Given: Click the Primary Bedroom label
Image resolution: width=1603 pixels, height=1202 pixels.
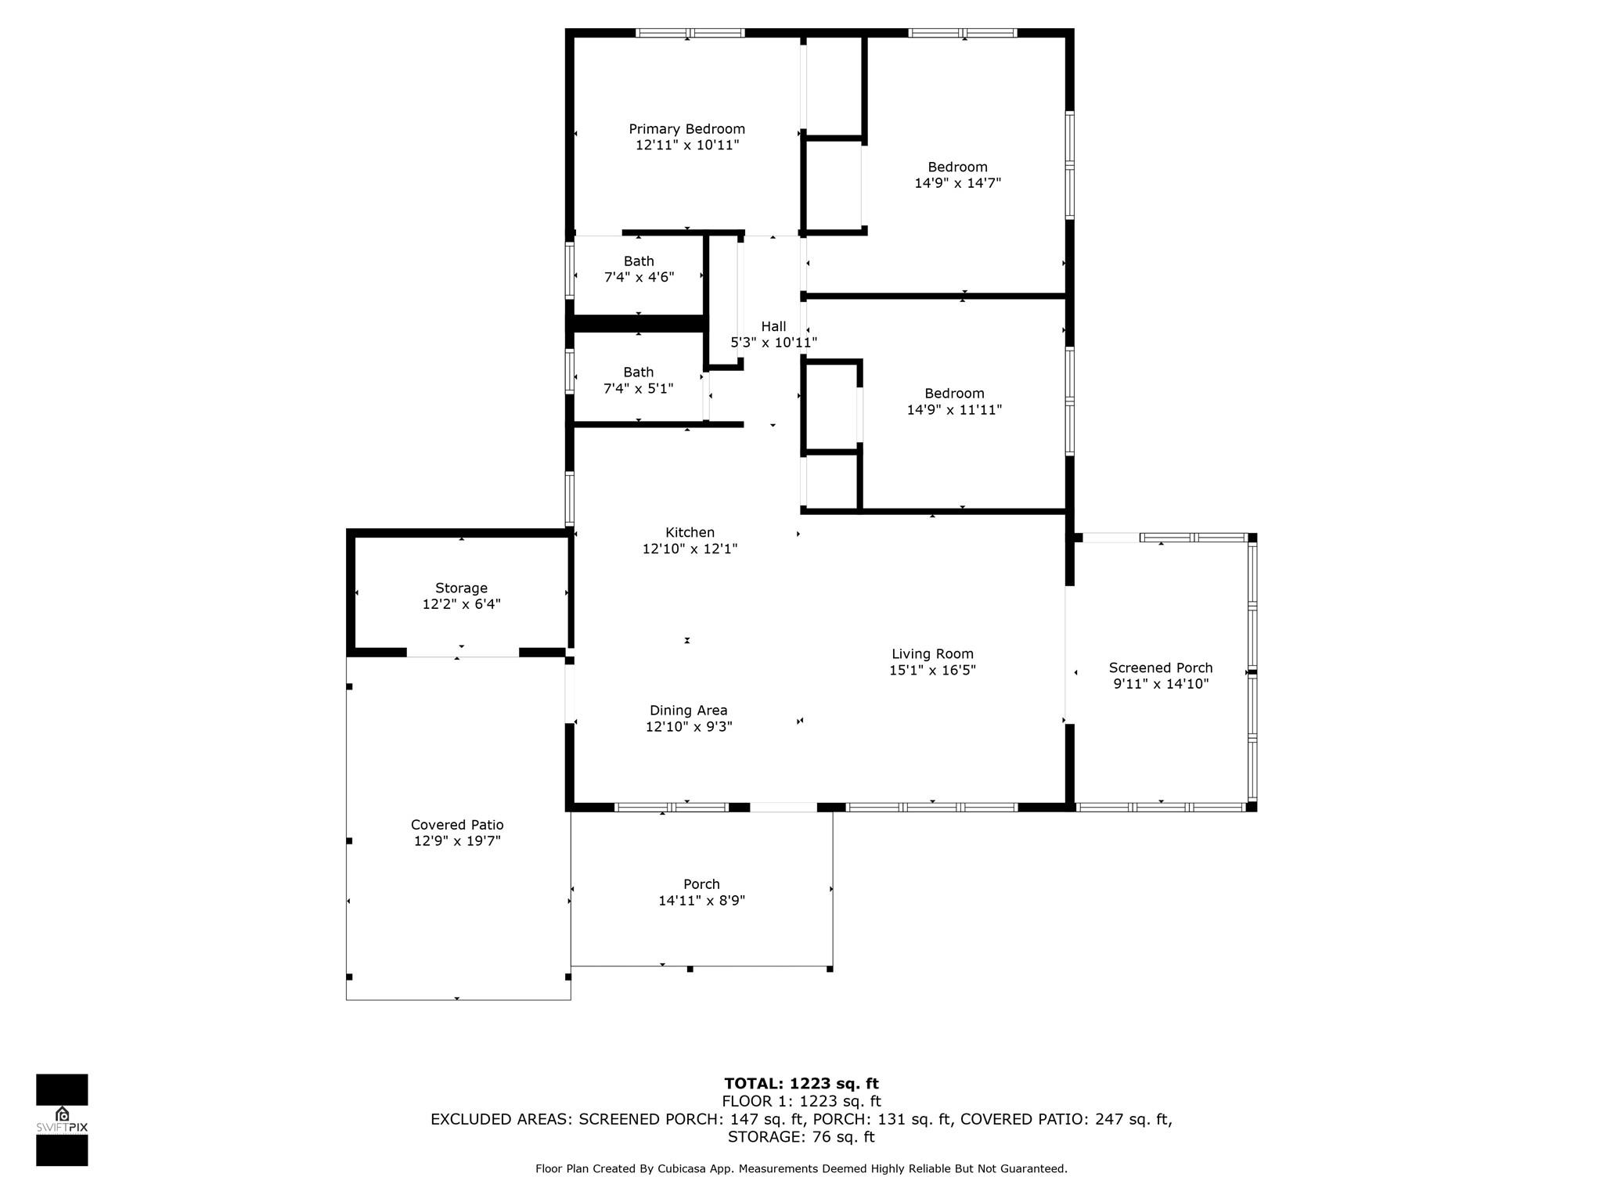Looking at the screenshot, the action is (687, 129).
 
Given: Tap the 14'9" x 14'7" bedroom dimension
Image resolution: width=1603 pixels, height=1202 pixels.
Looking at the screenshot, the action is (958, 183).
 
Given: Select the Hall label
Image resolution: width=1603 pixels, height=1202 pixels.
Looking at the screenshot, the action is (773, 326).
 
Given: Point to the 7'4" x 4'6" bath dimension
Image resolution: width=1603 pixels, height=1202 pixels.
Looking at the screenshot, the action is (639, 277).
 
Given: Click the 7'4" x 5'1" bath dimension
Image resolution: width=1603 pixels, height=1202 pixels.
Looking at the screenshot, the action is (639, 388).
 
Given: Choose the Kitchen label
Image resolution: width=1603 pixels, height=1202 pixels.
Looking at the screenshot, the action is (690, 533).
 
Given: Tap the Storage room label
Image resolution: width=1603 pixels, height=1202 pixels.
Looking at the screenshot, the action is (461, 588).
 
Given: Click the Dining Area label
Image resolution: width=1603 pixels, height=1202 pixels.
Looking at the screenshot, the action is (689, 711).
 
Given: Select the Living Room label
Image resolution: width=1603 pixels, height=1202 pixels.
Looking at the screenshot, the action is (932, 654).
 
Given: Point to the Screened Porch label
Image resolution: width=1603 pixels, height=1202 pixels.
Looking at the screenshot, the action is (1161, 668).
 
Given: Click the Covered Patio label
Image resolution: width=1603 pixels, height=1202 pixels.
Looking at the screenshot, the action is (457, 825).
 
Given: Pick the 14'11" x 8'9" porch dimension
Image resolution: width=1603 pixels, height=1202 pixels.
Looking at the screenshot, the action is (701, 901).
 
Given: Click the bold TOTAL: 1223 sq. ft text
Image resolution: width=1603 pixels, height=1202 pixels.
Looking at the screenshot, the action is (801, 1084).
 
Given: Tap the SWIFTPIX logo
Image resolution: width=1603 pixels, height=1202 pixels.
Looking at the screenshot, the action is (62, 1120).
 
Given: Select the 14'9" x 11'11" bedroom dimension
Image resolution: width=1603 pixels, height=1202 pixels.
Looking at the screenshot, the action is (954, 409).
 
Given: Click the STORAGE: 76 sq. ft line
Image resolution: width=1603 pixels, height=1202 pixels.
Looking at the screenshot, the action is (801, 1137).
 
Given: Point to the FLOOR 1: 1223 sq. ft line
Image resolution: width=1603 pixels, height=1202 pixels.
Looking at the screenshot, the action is (801, 1102).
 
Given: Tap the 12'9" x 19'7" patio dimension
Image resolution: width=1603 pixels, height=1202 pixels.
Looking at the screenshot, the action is (457, 841).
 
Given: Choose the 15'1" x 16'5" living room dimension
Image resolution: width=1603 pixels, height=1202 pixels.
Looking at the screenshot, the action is (932, 671).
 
